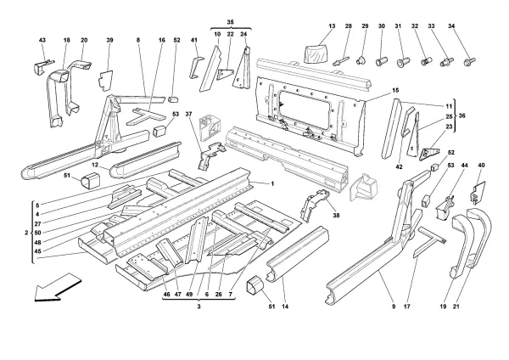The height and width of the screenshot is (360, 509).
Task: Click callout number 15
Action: pyautogui.click(x=372, y=91)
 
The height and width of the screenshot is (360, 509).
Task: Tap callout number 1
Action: pyautogui.click(x=272, y=183)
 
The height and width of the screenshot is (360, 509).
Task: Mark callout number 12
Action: pyautogui.click(x=96, y=163)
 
